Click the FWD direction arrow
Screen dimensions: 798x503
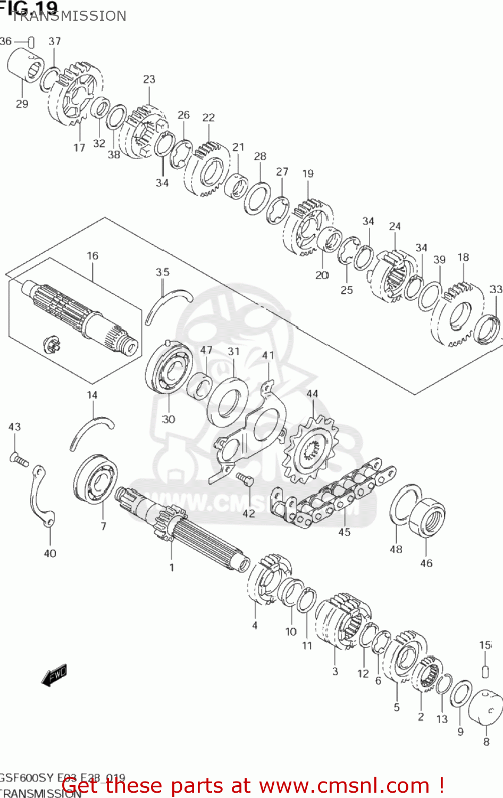[54, 675]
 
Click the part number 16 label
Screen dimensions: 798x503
[93, 256]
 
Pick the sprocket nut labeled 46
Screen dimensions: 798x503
[428, 517]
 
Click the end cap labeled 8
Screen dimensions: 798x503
[486, 708]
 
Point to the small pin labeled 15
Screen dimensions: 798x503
[485, 671]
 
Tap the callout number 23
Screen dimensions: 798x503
[149, 79]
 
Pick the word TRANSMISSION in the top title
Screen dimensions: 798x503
[69, 16]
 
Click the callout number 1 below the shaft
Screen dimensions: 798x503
[172, 568]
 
